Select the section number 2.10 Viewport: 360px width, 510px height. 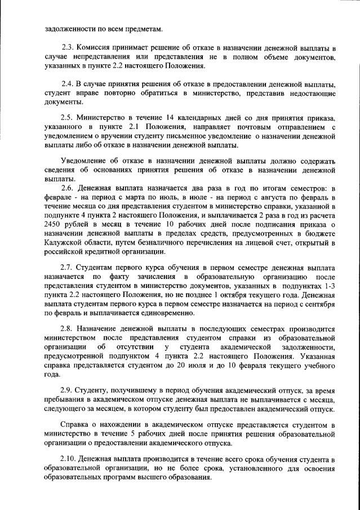pos(69,459)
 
